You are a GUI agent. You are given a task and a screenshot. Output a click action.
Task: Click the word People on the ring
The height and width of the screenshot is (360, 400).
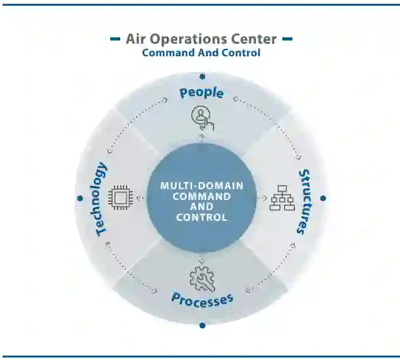[x=201, y=93]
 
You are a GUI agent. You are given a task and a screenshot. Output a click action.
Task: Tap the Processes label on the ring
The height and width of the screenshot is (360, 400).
[x=203, y=298]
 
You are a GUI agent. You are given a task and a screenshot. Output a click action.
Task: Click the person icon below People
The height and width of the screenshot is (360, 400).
[x=203, y=117]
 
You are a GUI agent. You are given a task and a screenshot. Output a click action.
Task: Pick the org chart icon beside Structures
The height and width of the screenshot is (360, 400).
[x=282, y=197]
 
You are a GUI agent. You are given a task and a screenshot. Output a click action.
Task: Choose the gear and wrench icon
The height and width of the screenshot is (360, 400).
[x=202, y=279]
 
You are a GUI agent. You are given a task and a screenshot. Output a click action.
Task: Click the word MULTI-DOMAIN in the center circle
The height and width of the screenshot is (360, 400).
[x=201, y=186]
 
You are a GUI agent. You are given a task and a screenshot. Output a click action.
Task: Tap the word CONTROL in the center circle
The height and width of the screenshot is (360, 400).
[x=201, y=218]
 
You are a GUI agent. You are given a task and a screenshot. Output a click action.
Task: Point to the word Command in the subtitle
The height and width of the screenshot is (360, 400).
[x=165, y=53]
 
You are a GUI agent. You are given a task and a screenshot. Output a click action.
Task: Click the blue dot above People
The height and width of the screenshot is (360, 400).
[x=202, y=77]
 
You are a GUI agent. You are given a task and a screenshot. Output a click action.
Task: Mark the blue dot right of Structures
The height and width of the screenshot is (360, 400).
[x=323, y=198]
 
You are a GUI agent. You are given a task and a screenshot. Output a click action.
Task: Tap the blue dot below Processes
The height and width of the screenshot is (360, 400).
[x=202, y=325]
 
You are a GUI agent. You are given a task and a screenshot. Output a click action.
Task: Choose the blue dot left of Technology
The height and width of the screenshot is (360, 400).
[x=80, y=198]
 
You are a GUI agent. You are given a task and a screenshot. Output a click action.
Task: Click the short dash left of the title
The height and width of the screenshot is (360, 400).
[x=115, y=39]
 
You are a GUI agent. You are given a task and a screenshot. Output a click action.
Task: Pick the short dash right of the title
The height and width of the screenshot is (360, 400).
[x=287, y=39]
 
